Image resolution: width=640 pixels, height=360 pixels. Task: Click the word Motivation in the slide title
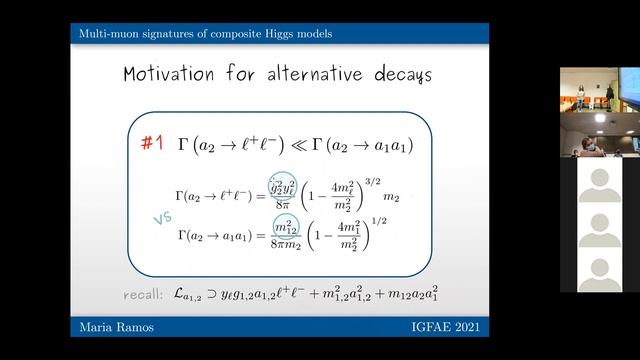click(178, 75)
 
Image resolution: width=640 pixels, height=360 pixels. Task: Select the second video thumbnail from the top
click(599, 134)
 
